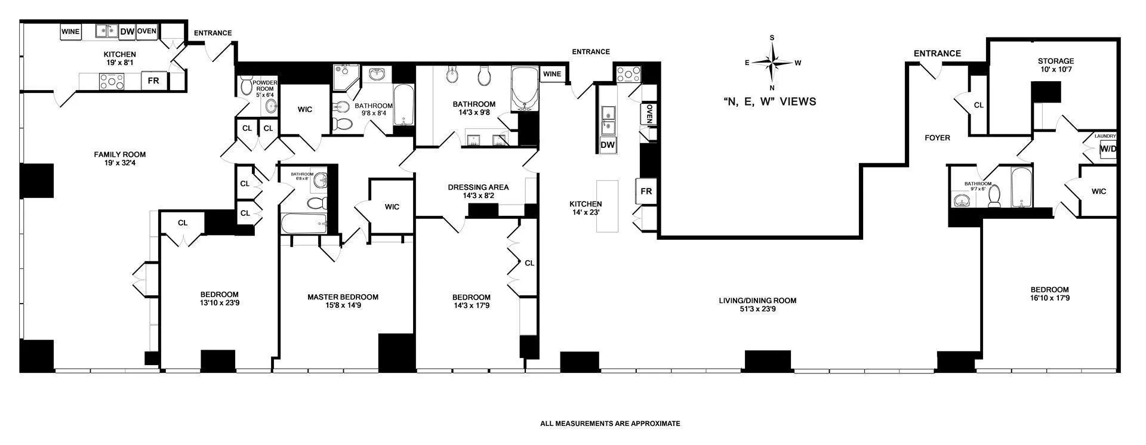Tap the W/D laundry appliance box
tap(1108, 149)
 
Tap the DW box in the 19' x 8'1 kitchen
tap(127, 32)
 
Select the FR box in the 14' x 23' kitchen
tap(646, 191)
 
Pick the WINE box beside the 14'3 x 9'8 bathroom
tap(552, 74)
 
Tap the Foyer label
tap(937, 138)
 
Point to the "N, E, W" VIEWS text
tap(769, 102)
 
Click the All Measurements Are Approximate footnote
tap(610, 424)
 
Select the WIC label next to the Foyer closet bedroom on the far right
tap(1098, 191)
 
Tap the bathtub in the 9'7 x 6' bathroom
tap(1025, 187)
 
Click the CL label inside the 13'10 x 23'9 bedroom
tap(183, 222)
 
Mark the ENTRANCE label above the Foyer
tap(937, 54)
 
